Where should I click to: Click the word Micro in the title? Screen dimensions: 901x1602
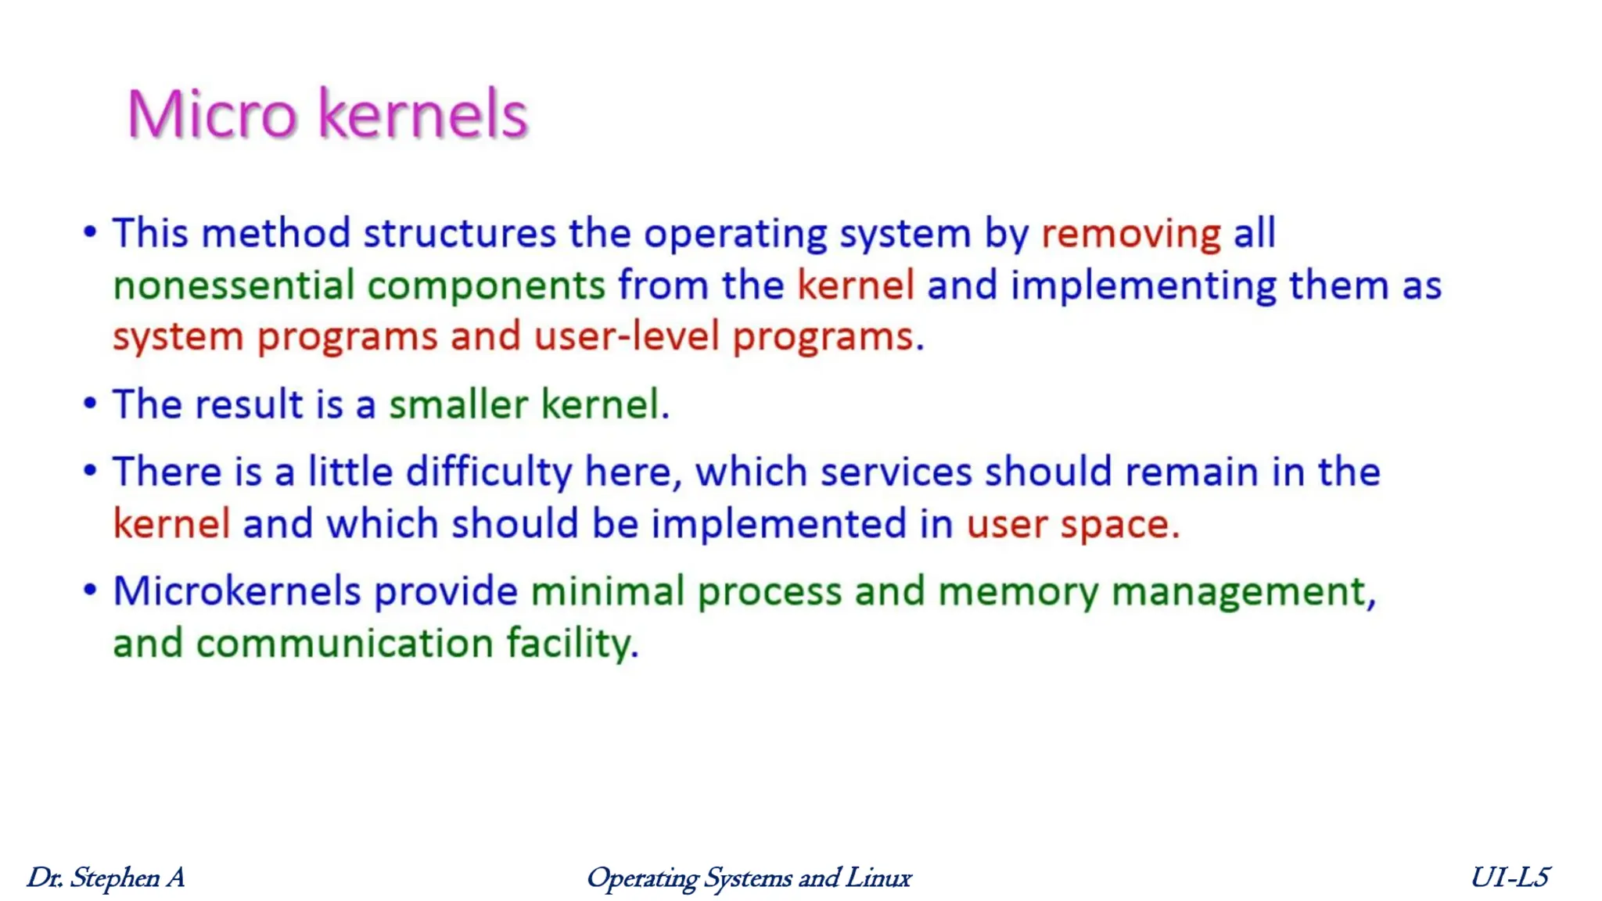[212, 115]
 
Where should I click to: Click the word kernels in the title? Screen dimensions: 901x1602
[423, 115]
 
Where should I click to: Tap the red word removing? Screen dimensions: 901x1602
[1130, 234]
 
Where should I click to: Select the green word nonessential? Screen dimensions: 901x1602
[234, 285]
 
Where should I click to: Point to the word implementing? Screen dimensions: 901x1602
[1143, 285]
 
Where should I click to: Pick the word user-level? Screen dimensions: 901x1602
[626, 337]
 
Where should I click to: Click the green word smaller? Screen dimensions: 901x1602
[458, 405]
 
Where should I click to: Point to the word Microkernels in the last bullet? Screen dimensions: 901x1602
[236, 591]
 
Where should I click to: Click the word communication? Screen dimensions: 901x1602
[344, 644]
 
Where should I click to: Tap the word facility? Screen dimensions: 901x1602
[572, 644]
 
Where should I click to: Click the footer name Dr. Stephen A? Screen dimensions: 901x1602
[106, 878]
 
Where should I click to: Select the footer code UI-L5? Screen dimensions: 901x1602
[1509, 878]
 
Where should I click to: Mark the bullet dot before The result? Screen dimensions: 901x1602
[91, 404]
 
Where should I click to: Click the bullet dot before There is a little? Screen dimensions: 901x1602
[91, 472]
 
